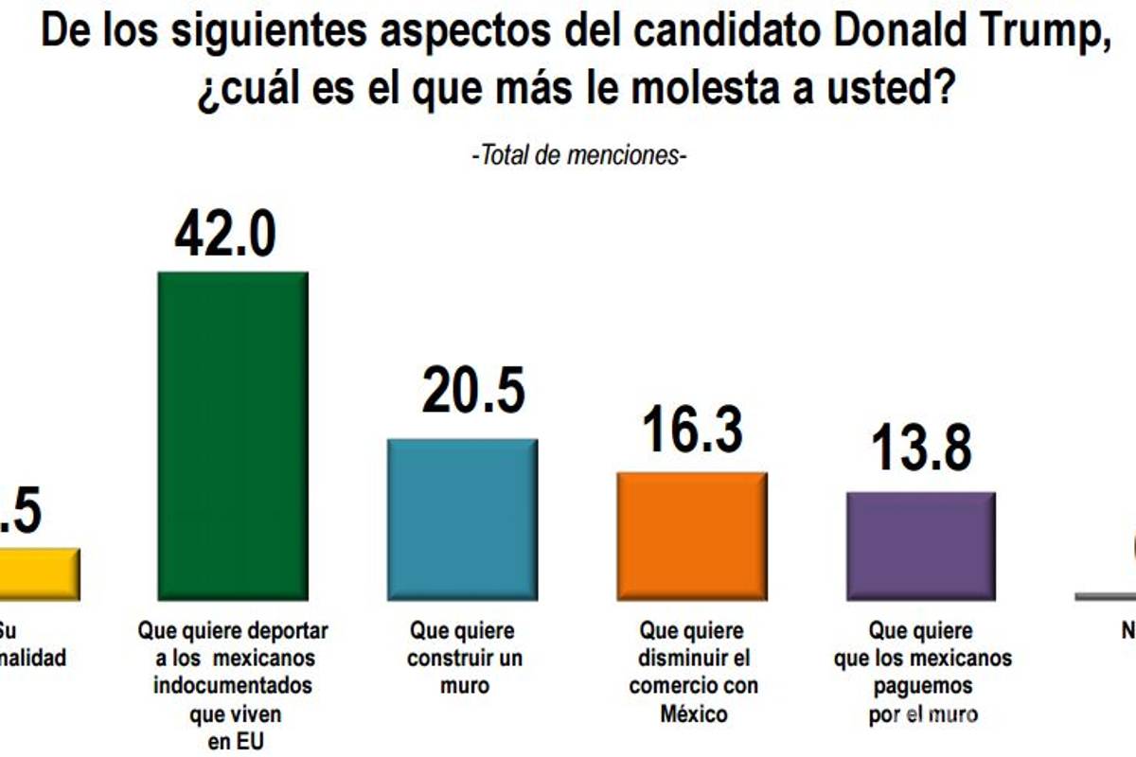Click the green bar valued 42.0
(x=232, y=435)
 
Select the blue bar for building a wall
(x=462, y=519)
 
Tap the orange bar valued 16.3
(x=692, y=536)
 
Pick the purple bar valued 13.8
(x=921, y=545)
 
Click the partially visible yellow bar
(x=38, y=573)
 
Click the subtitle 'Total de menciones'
(x=578, y=155)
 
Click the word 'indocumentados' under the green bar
(x=233, y=684)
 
